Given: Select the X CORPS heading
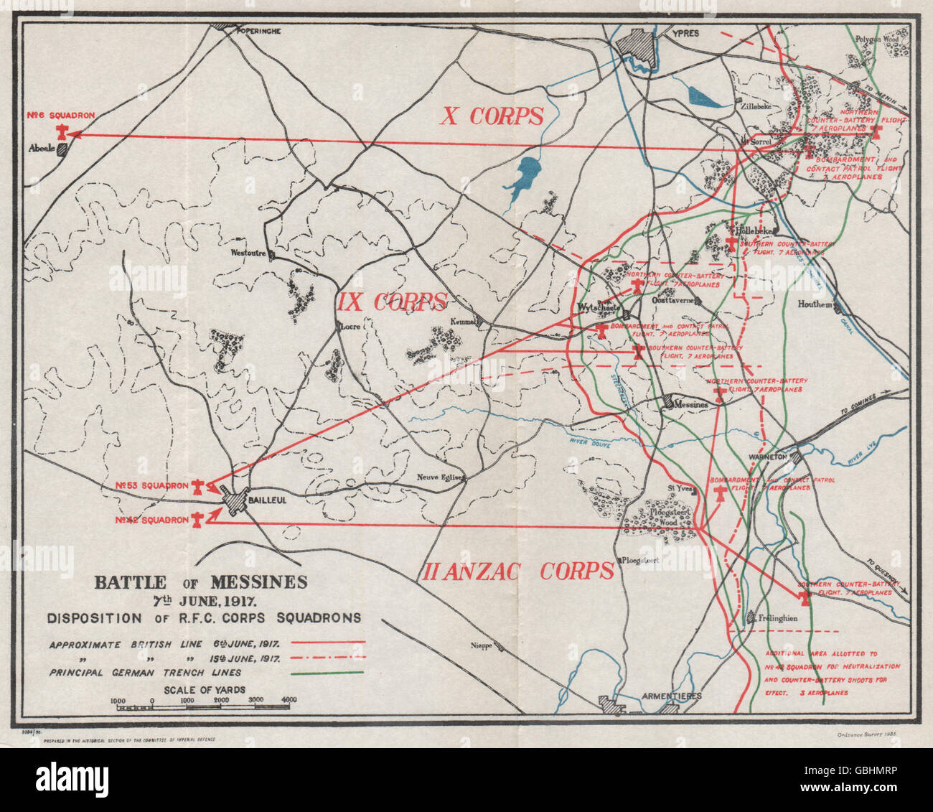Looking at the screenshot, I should (492, 116).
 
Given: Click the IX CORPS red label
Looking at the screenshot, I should (393, 302).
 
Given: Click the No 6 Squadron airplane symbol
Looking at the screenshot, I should (63, 131).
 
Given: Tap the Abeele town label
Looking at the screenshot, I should (42, 149).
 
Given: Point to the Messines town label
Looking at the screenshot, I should (691, 404).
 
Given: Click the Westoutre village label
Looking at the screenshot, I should (248, 253).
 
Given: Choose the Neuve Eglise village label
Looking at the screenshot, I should (442, 478).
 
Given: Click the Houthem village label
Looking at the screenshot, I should (815, 304).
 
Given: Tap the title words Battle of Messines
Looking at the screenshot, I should (201, 582).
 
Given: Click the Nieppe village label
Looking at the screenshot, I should (481, 645).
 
